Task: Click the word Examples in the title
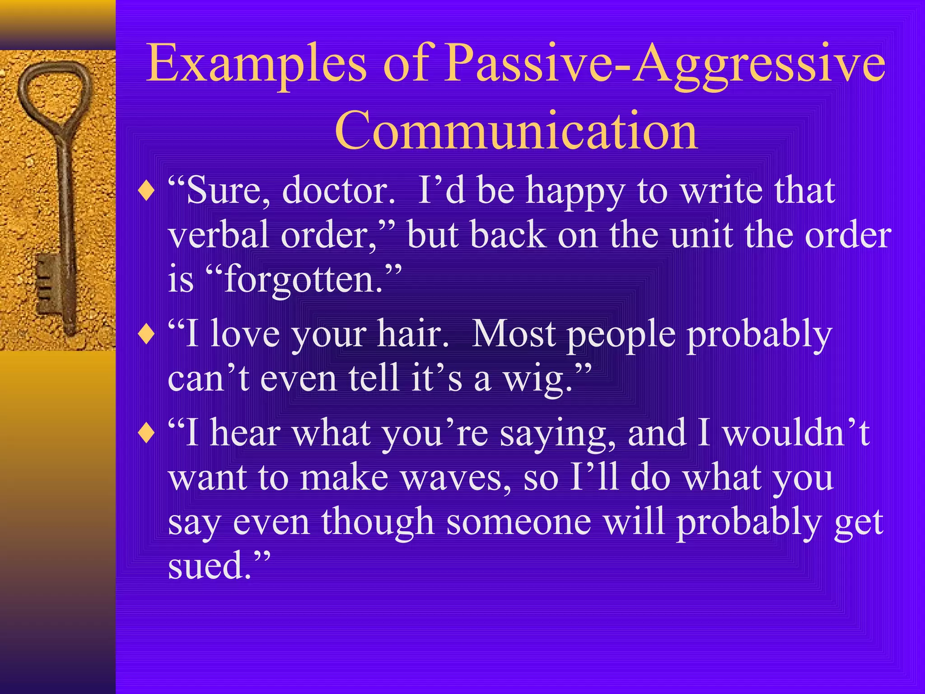point(256,64)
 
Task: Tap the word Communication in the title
point(516,131)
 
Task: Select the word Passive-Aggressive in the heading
point(664,64)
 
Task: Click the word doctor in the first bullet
point(338,191)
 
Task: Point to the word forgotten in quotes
point(304,279)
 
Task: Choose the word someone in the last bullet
point(519,522)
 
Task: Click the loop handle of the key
point(54,90)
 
